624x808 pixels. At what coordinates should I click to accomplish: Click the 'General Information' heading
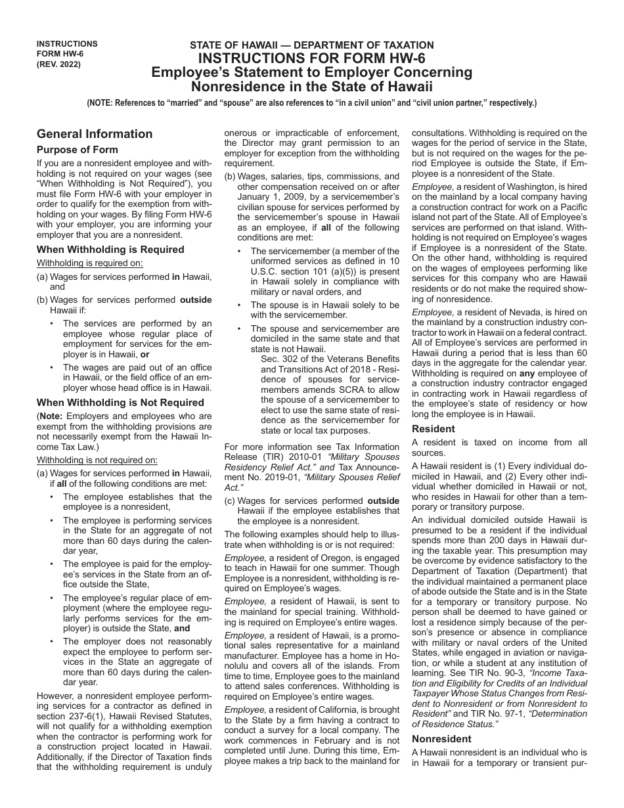click(x=95, y=134)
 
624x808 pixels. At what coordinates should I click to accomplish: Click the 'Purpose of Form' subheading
click(x=77, y=150)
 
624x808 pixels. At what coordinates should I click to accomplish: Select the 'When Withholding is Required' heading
click(x=110, y=250)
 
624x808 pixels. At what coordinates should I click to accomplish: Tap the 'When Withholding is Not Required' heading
click(x=120, y=403)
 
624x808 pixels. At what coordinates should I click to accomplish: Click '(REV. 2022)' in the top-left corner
click(x=59, y=65)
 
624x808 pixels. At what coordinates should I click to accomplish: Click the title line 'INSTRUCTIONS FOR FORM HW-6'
click(x=311, y=58)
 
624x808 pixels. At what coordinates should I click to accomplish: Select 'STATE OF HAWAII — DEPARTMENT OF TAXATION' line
click(x=311, y=45)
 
